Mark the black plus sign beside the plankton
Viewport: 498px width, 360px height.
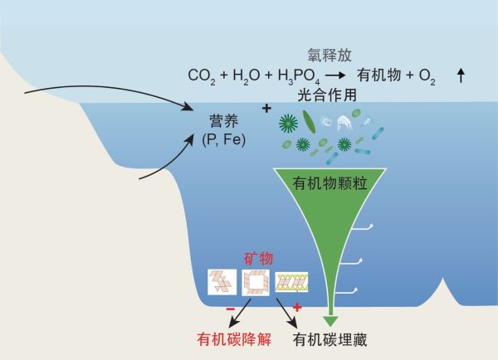click(267, 109)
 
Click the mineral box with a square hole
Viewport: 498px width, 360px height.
click(256, 284)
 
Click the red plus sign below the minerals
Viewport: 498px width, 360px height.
click(296, 307)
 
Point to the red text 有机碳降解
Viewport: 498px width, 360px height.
click(232, 339)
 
